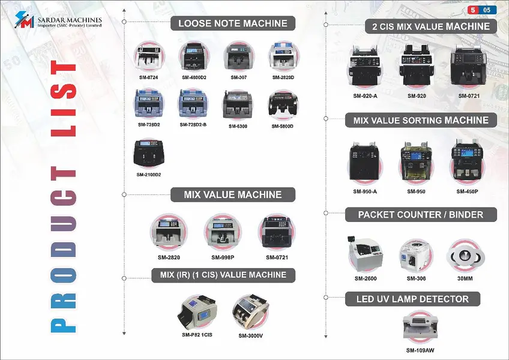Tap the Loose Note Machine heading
coord(232,24)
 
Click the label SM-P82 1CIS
coord(197,334)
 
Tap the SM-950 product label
coord(416,191)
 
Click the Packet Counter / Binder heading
coord(420,214)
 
